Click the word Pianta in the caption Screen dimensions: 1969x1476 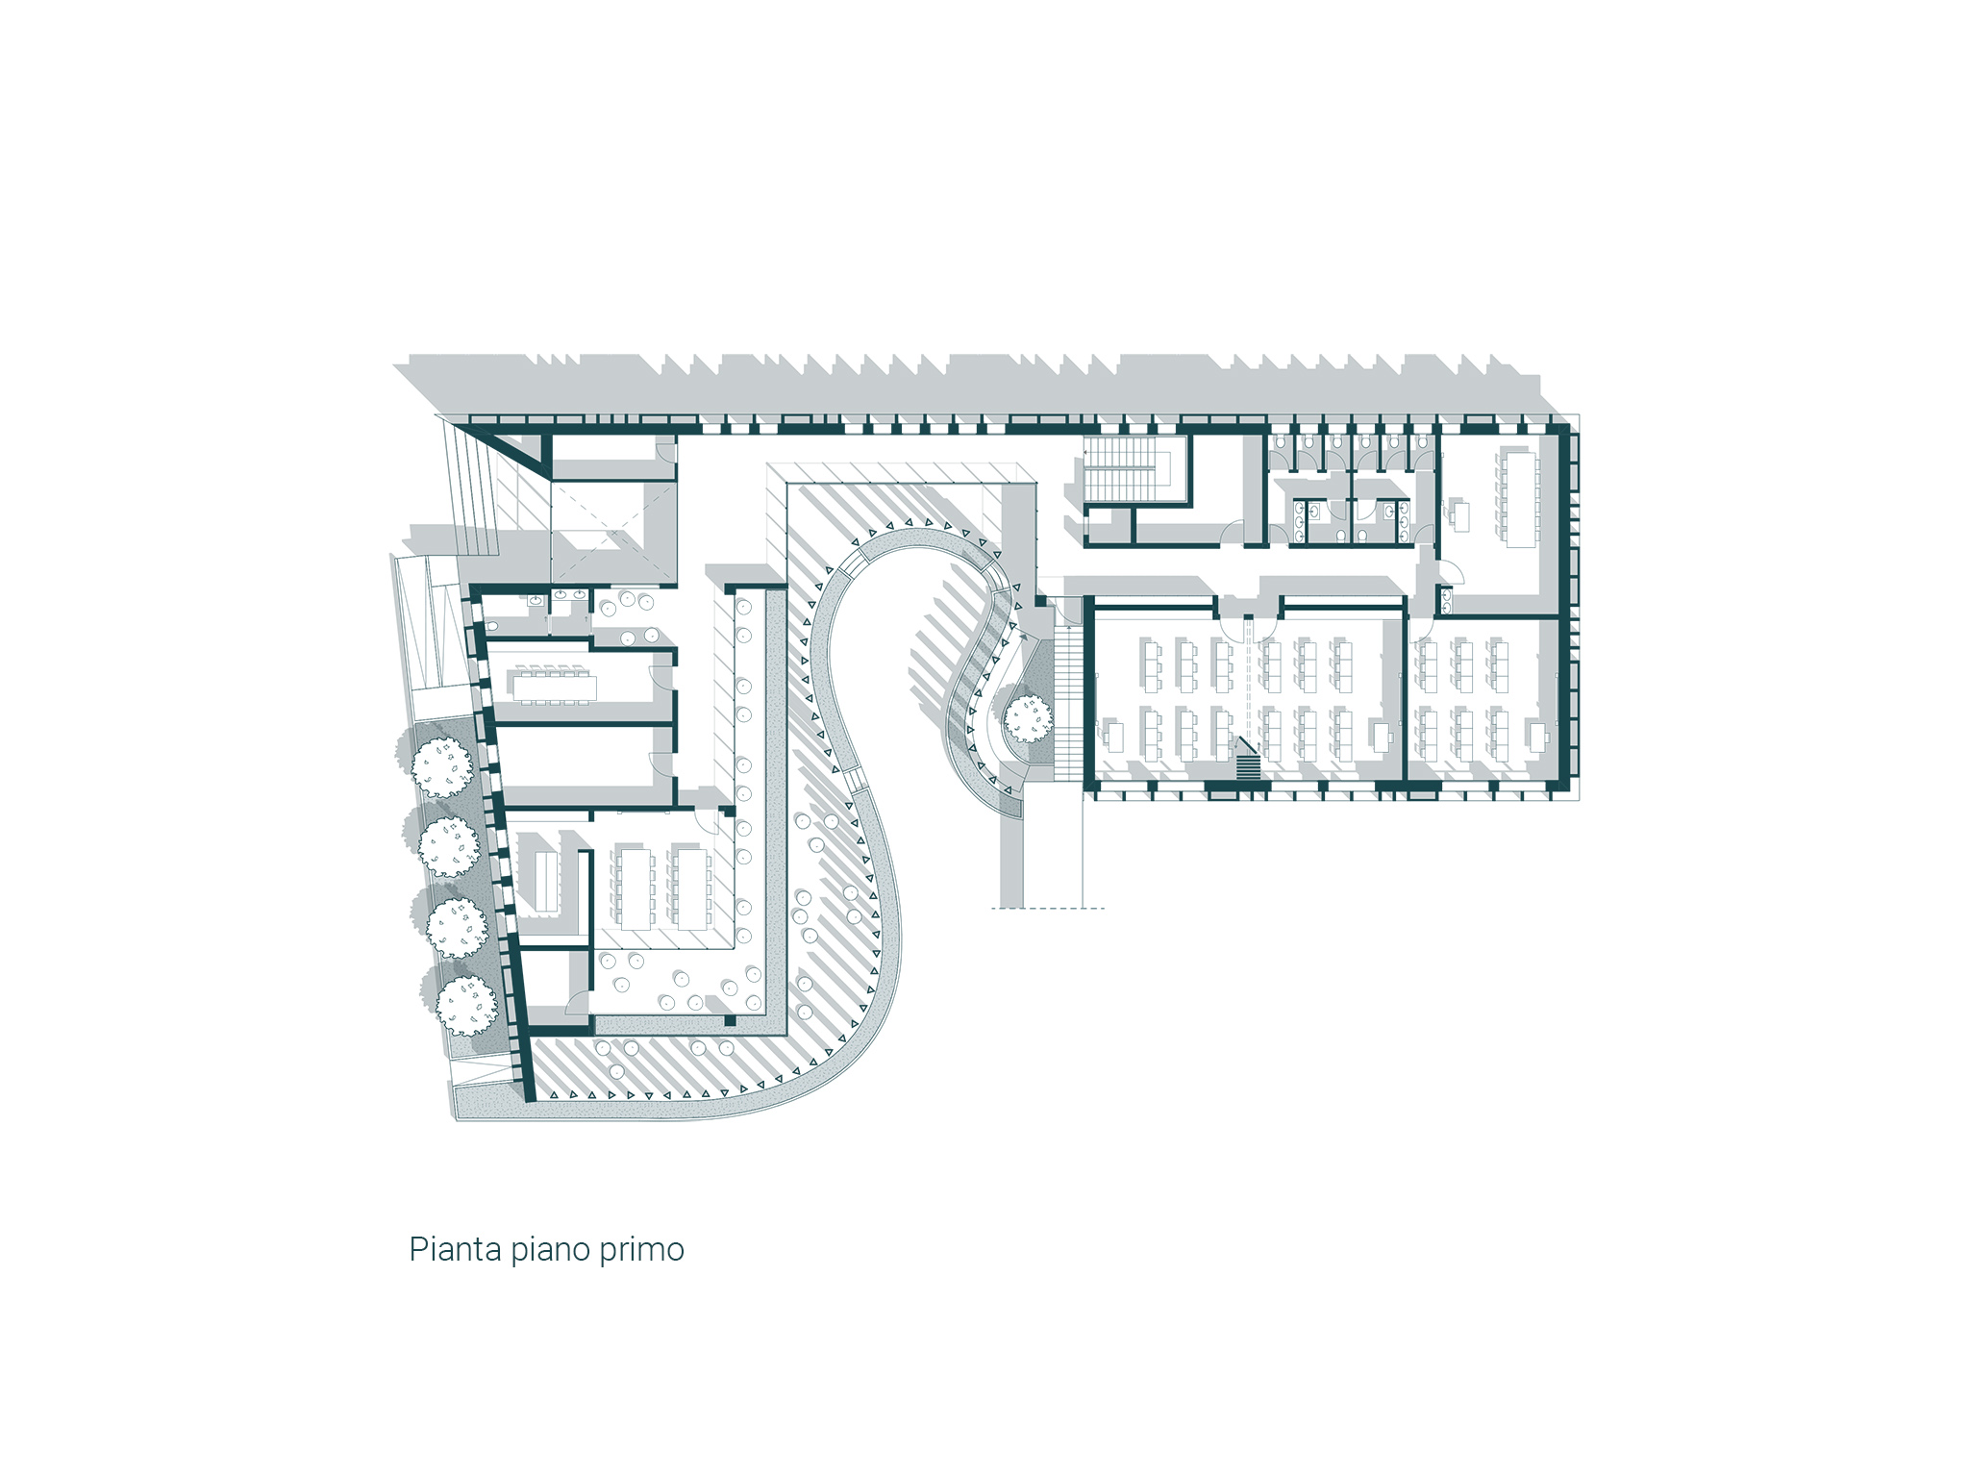455,1249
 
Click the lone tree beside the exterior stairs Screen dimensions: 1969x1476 1029,718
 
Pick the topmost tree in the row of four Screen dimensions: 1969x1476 442,766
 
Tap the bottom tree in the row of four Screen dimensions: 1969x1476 467,1005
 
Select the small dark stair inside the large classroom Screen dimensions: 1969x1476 1247,765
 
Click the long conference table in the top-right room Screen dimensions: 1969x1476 1519,498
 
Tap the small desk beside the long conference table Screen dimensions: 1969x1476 1460,515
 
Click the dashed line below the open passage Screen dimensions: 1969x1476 1048,908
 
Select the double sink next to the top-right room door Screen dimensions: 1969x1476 1447,601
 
